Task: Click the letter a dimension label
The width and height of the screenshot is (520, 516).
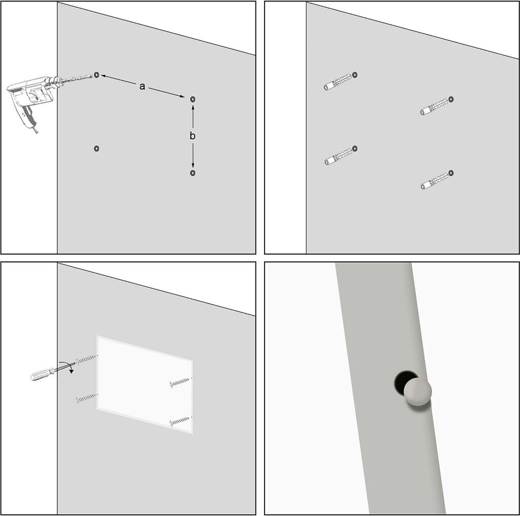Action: tap(142, 86)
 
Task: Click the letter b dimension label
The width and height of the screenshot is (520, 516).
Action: tap(192, 136)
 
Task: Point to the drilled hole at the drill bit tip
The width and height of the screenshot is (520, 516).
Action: tap(96, 75)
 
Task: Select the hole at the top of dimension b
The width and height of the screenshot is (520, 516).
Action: tap(192, 99)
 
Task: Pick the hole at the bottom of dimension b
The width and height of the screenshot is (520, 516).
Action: tap(192, 173)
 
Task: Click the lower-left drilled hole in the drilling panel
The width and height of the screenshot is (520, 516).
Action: tap(96, 148)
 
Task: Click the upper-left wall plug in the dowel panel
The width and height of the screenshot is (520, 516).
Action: tap(338, 82)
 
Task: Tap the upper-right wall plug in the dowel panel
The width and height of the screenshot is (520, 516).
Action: tap(434, 107)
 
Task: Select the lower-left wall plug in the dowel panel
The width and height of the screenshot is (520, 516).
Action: tap(338, 156)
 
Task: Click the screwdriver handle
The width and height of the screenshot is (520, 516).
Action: tap(41, 374)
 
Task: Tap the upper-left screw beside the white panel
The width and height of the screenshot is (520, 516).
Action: tap(87, 359)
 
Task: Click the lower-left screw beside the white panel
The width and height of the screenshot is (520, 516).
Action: tap(87, 398)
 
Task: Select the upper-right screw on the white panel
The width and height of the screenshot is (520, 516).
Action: tap(181, 381)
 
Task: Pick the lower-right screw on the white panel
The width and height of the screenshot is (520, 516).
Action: tap(181, 421)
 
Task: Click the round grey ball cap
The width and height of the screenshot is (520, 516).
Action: tap(417, 392)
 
